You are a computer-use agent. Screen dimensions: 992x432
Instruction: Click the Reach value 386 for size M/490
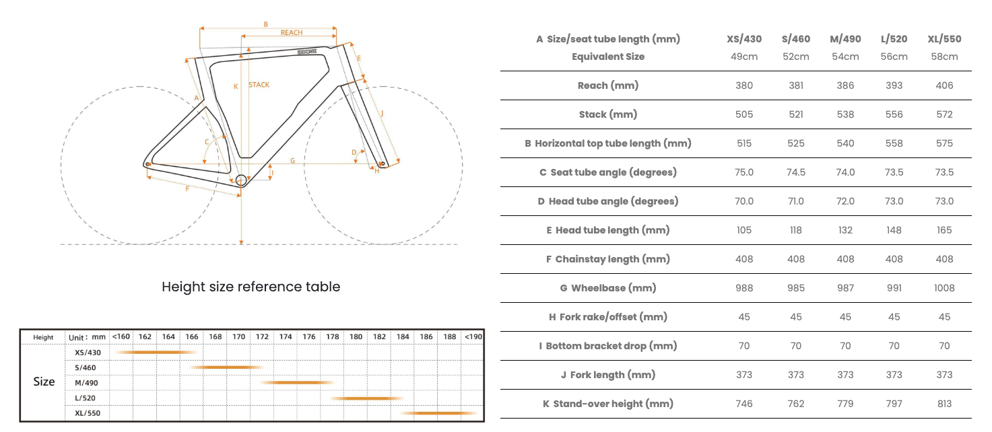tap(845, 85)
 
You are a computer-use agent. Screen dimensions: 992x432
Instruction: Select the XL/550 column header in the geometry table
tap(944, 39)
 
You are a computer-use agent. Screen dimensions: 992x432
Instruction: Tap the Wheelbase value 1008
tap(944, 288)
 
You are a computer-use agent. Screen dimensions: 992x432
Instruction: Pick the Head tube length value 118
tap(796, 230)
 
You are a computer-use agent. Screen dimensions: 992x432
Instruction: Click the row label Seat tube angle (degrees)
tap(608, 172)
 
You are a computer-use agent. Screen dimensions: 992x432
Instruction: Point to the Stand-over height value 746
tap(744, 404)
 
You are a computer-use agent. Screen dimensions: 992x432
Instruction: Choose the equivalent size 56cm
tap(894, 57)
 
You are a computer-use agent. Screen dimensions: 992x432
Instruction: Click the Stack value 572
tap(944, 114)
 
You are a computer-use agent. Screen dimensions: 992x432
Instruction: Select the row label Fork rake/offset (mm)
tap(608, 317)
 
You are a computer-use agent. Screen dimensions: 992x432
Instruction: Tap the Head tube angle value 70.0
tap(744, 201)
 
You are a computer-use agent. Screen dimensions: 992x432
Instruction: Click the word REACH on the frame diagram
tap(292, 32)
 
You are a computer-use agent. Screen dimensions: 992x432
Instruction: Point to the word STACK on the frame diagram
tap(259, 85)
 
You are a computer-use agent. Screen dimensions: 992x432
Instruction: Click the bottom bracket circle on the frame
tap(241, 180)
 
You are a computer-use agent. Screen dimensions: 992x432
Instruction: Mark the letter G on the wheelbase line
tap(292, 161)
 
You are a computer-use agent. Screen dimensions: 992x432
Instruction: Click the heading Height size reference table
tap(251, 287)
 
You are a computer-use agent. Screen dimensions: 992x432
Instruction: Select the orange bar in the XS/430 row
tap(156, 353)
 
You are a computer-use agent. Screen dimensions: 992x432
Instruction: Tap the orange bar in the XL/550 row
tap(438, 413)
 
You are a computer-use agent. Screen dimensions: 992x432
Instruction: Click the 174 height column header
tap(285, 337)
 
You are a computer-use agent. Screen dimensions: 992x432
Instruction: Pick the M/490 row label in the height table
tap(86, 383)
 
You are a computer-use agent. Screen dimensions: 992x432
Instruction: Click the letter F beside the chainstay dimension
tap(187, 189)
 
